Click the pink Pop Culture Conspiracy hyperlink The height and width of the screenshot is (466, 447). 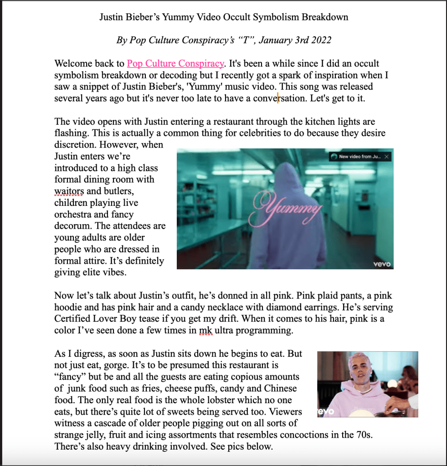(175, 64)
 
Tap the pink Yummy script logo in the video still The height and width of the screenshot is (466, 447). (287, 208)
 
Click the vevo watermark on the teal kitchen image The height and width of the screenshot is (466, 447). (382, 264)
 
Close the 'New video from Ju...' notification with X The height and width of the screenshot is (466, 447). (387, 157)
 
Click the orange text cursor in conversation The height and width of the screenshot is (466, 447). (277, 97)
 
